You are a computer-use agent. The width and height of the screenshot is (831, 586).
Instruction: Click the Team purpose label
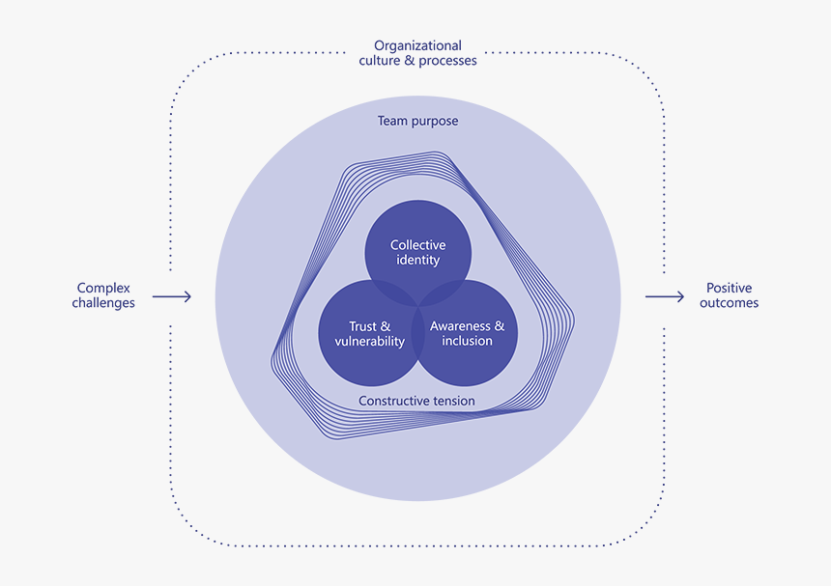[x=417, y=122]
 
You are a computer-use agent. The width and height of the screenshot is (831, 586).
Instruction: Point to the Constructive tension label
[x=416, y=401]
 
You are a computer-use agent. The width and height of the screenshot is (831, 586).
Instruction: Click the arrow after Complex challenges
[x=172, y=296]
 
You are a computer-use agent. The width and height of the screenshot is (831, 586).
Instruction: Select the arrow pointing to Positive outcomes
[x=665, y=296]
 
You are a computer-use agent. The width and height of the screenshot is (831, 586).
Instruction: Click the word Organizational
[x=417, y=45]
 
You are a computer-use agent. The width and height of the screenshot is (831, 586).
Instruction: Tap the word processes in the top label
[x=446, y=61]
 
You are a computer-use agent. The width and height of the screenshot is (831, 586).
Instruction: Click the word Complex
[x=103, y=288]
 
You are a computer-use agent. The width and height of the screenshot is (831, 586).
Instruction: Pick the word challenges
[x=103, y=303]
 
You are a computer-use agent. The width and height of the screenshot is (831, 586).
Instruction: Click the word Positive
[x=729, y=288]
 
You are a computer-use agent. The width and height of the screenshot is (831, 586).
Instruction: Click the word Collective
[x=417, y=246]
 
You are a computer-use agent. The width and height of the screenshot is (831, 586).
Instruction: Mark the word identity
[x=417, y=261]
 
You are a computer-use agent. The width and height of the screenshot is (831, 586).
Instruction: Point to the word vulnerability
[x=370, y=342]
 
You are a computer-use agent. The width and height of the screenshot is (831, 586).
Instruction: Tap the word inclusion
[x=467, y=342]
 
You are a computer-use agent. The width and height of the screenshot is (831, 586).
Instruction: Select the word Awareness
[x=460, y=327]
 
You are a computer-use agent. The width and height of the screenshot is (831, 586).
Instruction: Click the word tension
[x=452, y=401]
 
